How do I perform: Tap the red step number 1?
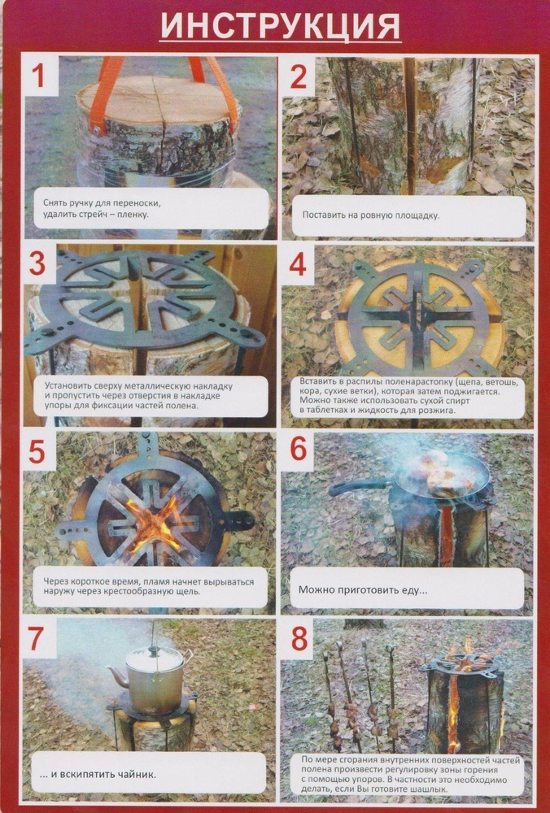pyautogui.click(x=39, y=76)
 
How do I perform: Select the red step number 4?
pyautogui.click(x=298, y=265)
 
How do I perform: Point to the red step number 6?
pyautogui.click(x=299, y=449)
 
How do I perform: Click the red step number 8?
pyautogui.click(x=299, y=639)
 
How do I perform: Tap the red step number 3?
pyautogui.click(x=37, y=264)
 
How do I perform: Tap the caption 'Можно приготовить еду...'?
pyautogui.click(x=363, y=589)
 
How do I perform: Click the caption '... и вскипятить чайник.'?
pyautogui.click(x=98, y=775)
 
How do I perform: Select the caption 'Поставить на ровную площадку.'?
pyautogui.click(x=370, y=215)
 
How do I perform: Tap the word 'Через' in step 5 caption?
pyautogui.click(x=56, y=582)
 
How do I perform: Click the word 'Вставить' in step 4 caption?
pyautogui.click(x=317, y=381)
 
